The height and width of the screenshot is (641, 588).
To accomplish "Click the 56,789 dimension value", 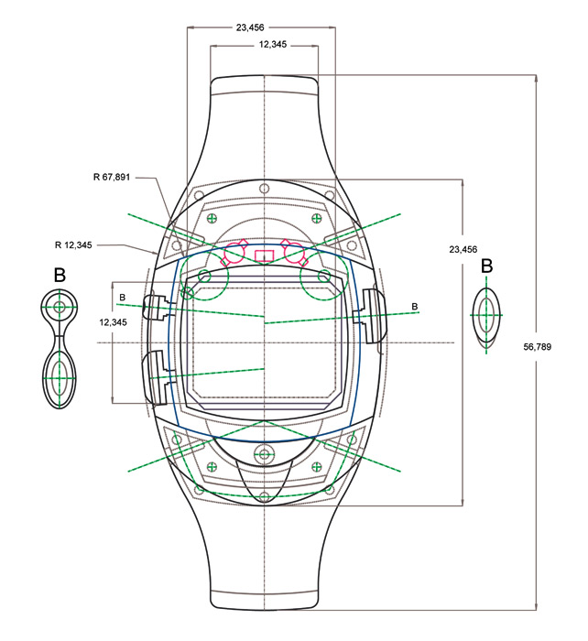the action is coord(537,347).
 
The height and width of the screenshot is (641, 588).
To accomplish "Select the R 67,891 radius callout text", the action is coord(112,177).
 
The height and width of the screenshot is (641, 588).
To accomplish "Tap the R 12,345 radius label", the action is coord(73,244).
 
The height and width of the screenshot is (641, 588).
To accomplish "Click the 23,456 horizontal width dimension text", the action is coord(250,27).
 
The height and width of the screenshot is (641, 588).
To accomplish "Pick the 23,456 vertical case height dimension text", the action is coord(463,249).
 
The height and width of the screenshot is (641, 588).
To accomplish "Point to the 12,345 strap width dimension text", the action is coord(273,44).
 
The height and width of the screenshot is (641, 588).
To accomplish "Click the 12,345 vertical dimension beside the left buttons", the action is coord(113,322).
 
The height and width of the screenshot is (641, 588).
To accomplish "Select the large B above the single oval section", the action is coord(486,266).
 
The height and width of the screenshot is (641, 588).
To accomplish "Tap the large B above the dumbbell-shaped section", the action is coord(60,275).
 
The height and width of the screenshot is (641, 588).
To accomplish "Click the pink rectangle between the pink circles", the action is coord(264,255).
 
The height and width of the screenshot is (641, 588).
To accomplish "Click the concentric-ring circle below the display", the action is coord(264,453).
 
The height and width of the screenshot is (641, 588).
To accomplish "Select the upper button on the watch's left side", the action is coord(157,307).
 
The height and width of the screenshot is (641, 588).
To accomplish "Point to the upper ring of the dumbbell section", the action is coord(60,307).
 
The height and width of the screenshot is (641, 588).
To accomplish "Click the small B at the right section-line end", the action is coord(415,306).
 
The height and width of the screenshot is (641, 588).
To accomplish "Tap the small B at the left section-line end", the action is coord(122,298).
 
